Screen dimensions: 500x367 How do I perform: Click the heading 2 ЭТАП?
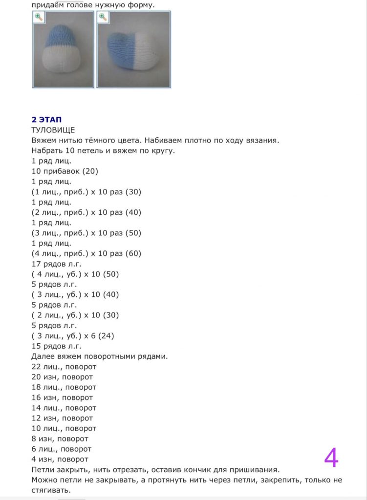[46, 120]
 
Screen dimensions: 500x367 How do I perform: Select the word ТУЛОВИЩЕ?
[53, 130]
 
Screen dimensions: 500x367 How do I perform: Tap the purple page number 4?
[331, 458]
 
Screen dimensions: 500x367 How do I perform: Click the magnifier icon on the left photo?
[39, 17]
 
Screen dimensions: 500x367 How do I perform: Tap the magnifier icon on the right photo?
[103, 17]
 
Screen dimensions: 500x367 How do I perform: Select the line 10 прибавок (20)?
[65, 171]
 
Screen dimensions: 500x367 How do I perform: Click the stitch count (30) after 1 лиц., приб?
[133, 192]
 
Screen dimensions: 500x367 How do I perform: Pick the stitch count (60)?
[133, 253]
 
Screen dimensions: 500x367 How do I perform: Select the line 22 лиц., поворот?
[64, 366]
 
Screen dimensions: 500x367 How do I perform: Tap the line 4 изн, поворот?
[60, 459]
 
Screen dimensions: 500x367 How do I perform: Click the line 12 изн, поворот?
[62, 418]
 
